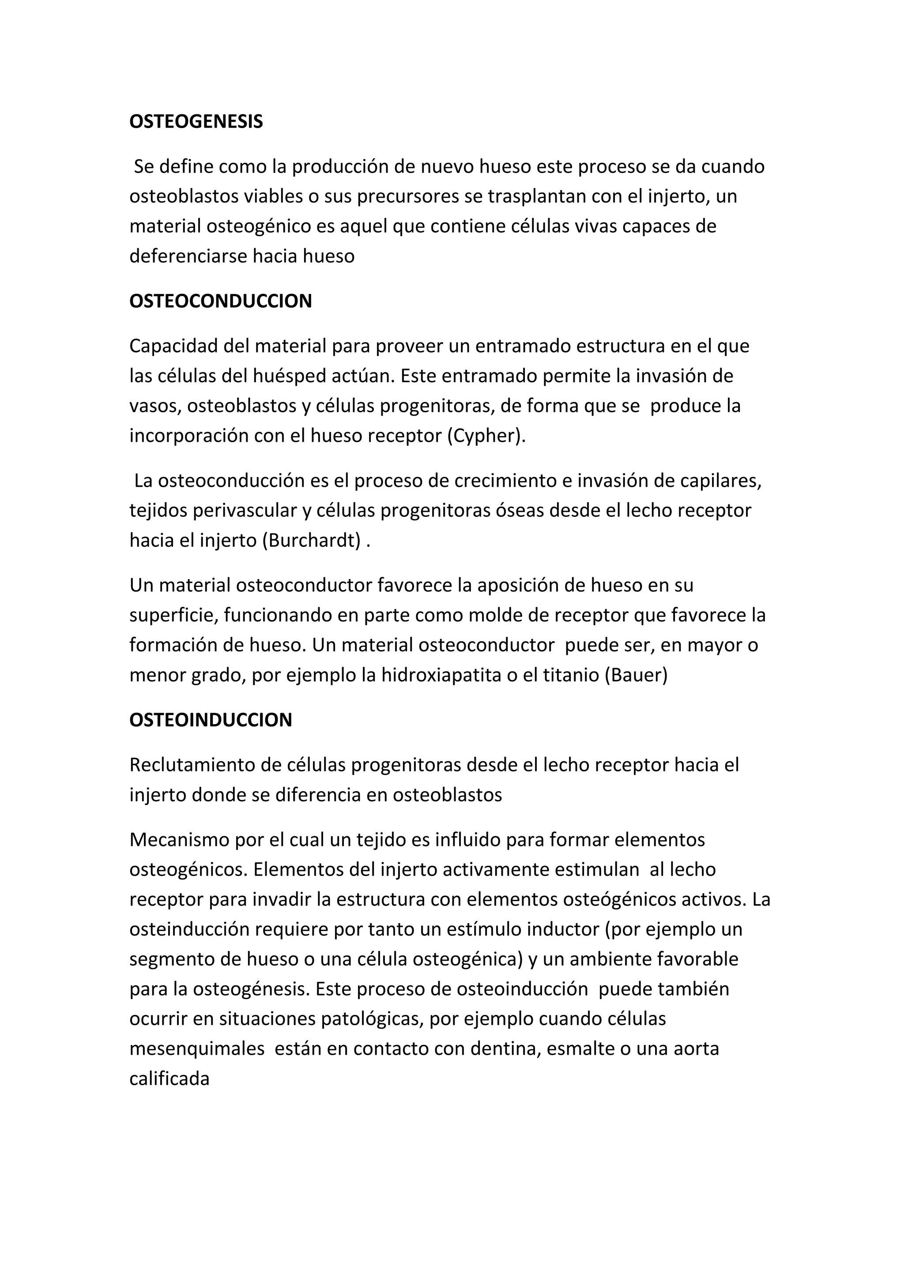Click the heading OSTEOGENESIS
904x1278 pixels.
[196, 122]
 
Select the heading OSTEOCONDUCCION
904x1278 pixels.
[220, 301]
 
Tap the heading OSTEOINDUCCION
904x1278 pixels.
[211, 720]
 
